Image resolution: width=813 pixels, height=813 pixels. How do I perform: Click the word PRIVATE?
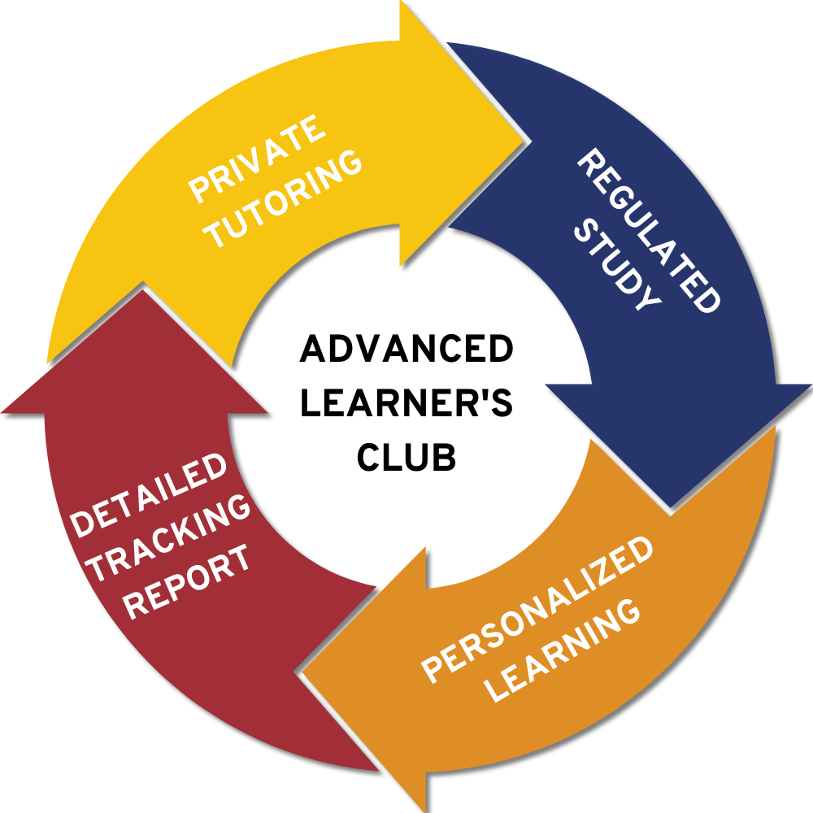[x=257, y=159]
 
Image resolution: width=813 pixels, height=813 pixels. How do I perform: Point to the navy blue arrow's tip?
[x=670, y=509]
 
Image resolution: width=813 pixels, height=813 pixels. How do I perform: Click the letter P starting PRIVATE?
[x=198, y=192]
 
